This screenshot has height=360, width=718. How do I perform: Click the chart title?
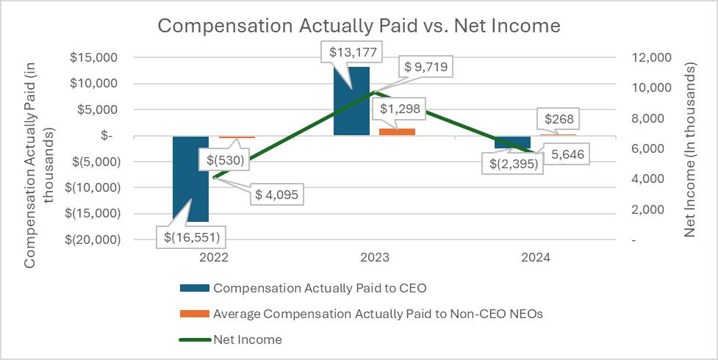(x=359, y=26)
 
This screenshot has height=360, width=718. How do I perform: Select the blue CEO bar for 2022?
(x=191, y=179)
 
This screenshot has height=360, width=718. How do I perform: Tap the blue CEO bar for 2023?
(x=351, y=101)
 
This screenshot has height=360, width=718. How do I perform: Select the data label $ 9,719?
(x=426, y=68)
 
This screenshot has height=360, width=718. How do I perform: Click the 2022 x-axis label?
(x=214, y=258)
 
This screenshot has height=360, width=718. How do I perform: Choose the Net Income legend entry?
(x=247, y=339)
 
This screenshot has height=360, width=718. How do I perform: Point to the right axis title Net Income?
(x=690, y=150)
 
